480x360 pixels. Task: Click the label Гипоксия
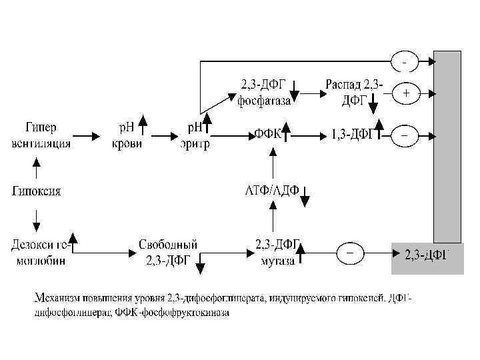(x=37, y=191)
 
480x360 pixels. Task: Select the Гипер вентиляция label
(x=41, y=136)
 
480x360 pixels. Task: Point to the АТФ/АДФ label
(x=270, y=191)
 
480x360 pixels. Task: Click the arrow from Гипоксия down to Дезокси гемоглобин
(x=37, y=217)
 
